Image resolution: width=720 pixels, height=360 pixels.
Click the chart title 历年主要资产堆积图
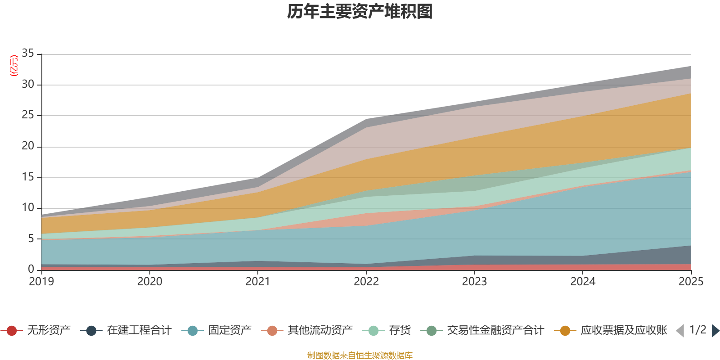coord(360,12)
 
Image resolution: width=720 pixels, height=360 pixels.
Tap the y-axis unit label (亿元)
coord(14,66)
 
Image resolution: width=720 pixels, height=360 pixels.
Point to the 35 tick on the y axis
coord(28,53)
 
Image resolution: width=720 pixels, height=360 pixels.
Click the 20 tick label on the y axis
coord(28,146)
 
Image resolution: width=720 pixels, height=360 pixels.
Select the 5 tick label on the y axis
coord(31,238)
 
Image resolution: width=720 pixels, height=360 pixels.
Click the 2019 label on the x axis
coord(41,282)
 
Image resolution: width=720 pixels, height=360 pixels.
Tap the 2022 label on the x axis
coord(366,282)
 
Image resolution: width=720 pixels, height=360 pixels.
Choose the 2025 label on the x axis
coord(691,282)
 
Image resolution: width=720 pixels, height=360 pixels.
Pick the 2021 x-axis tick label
coord(258,282)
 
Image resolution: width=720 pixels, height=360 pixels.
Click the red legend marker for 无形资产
coord(12,330)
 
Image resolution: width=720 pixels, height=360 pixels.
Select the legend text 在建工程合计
coord(139,330)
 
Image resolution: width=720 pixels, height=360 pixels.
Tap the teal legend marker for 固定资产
coord(193,330)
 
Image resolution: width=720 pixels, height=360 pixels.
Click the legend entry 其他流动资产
coord(320,330)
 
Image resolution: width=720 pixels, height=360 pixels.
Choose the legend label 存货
coord(400,330)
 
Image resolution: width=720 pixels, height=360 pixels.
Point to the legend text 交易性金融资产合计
coord(495,330)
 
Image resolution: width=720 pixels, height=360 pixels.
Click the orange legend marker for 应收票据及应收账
coord(565,330)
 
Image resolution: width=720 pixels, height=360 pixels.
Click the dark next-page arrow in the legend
coord(715,330)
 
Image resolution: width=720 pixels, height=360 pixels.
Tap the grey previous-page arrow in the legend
coord(680,330)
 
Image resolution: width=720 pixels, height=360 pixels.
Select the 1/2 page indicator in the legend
coord(698,330)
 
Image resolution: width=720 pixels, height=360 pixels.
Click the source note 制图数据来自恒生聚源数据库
coord(360,355)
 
